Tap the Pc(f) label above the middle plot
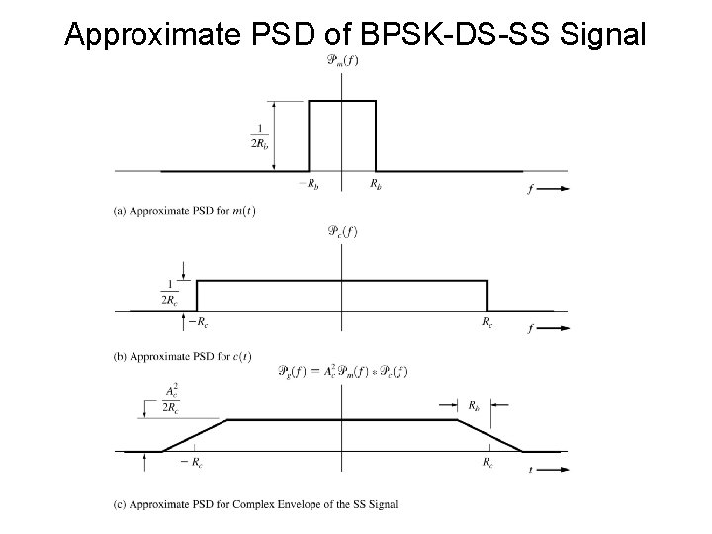click(x=341, y=233)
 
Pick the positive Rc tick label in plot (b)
click(x=488, y=321)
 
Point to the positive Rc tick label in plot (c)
click(x=488, y=462)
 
